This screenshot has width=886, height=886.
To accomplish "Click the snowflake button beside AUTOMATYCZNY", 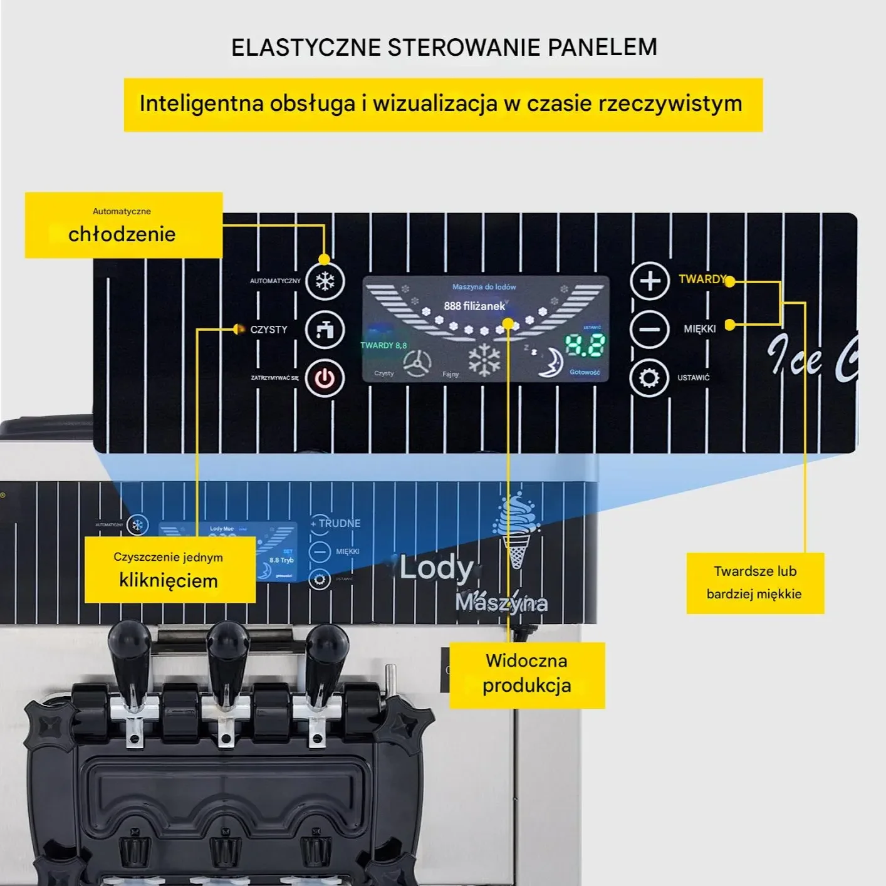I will pos(325,281).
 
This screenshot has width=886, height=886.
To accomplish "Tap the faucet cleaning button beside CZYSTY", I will pos(325,330).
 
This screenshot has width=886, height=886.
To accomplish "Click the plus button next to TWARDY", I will pos(650,280).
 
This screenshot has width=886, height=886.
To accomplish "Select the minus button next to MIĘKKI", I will pos(650,329).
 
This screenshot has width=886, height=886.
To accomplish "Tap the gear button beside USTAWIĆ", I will pos(649,378).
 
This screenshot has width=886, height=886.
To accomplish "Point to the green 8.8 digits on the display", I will pos(585,345).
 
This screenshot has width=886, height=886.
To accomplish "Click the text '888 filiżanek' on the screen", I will pos(474,306).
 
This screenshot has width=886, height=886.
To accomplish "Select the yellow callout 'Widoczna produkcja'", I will pos(527,674).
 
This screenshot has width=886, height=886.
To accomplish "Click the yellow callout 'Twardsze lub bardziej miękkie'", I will pos(754,583).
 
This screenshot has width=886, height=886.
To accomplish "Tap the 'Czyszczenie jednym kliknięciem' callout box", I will pos(169,570).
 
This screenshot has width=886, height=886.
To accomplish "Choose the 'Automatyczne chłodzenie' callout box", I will pos(123,226).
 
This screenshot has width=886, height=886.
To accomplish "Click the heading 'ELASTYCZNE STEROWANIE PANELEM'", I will pos(444,48).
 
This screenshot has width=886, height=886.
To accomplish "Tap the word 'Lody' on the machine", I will pos(436,568).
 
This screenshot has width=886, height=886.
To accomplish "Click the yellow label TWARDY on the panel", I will pos(702,279).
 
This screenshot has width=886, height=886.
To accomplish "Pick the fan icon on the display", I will pos(417,363).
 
